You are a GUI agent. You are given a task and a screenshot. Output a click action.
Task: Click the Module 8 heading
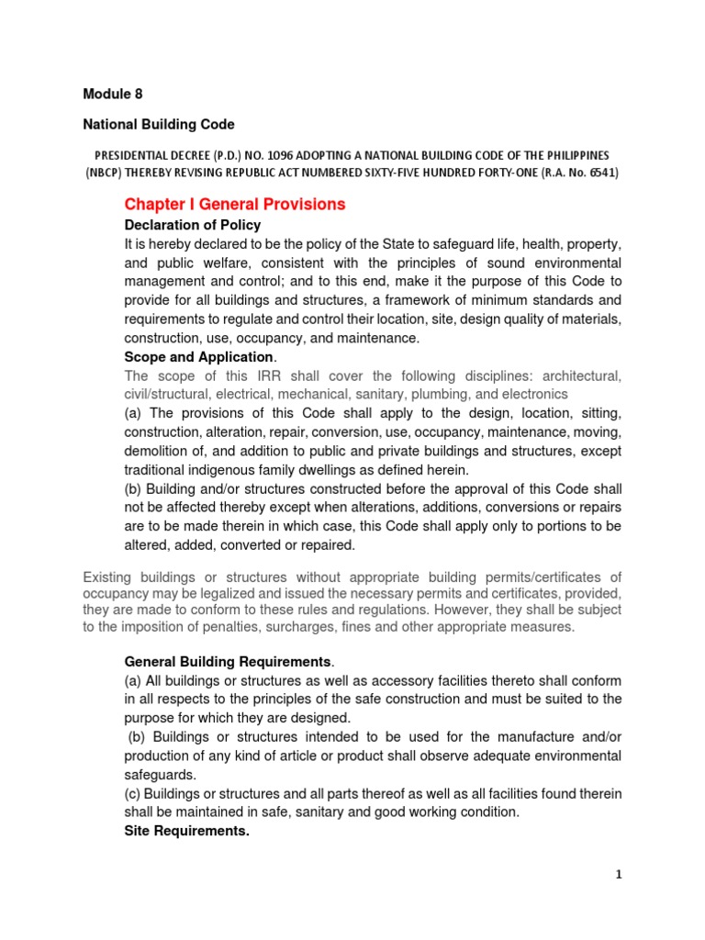pos(113,94)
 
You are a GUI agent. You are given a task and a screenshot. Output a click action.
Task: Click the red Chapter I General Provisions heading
pos(235,204)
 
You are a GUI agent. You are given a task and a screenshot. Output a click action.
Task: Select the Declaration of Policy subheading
pos(193,225)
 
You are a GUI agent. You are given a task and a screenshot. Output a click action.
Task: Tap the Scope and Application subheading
pos(198,357)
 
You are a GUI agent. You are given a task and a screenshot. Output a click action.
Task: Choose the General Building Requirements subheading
pos(228,661)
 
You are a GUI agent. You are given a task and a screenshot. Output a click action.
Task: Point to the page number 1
pos(619,875)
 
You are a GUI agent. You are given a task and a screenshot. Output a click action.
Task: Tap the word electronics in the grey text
pos(536,395)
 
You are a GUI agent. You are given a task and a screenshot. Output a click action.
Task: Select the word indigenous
pos(235,470)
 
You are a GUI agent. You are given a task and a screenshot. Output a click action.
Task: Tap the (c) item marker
pos(134,793)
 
